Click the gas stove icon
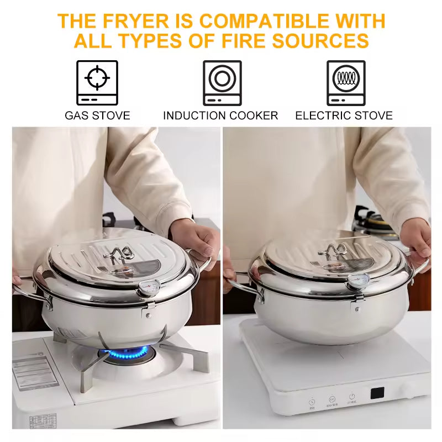(97, 83)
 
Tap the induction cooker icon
(222, 83)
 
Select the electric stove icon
(346, 83)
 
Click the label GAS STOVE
(97, 115)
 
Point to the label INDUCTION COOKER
(220, 115)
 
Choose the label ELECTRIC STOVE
(344, 115)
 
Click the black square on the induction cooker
(377, 393)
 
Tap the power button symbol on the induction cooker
(351, 397)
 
